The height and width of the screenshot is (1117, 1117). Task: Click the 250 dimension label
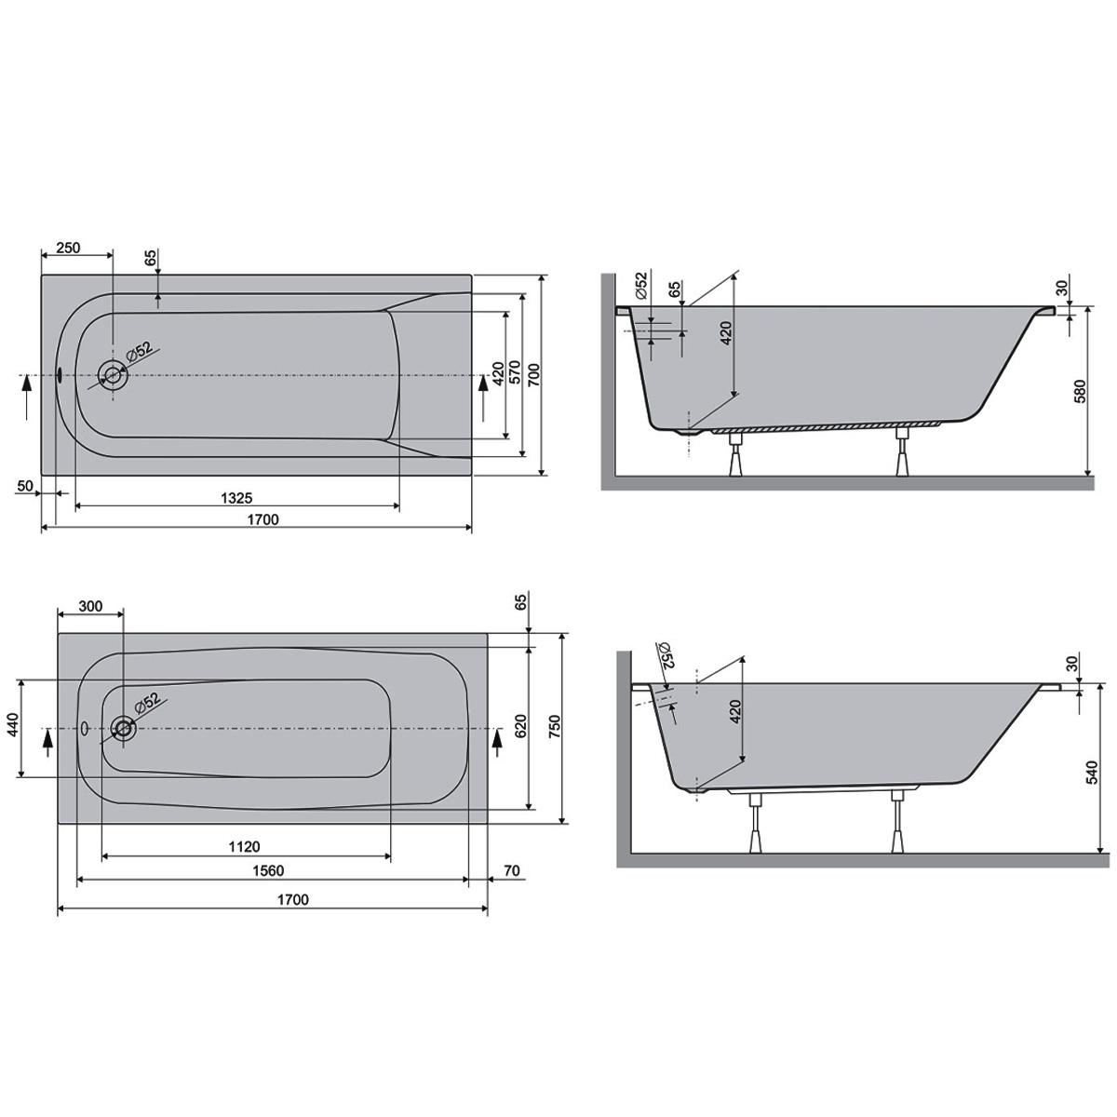pos(68,248)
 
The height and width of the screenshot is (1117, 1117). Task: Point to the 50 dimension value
pos(25,486)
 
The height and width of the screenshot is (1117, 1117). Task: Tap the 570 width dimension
pos(515,374)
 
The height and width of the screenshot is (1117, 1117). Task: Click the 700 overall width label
pos(534,374)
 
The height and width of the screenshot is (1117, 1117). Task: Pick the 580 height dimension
pos(1080,392)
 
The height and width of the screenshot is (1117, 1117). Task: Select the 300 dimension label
pos(90,606)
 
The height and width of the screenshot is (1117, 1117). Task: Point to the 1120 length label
pos(244,847)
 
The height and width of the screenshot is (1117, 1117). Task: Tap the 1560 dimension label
pos(268,870)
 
